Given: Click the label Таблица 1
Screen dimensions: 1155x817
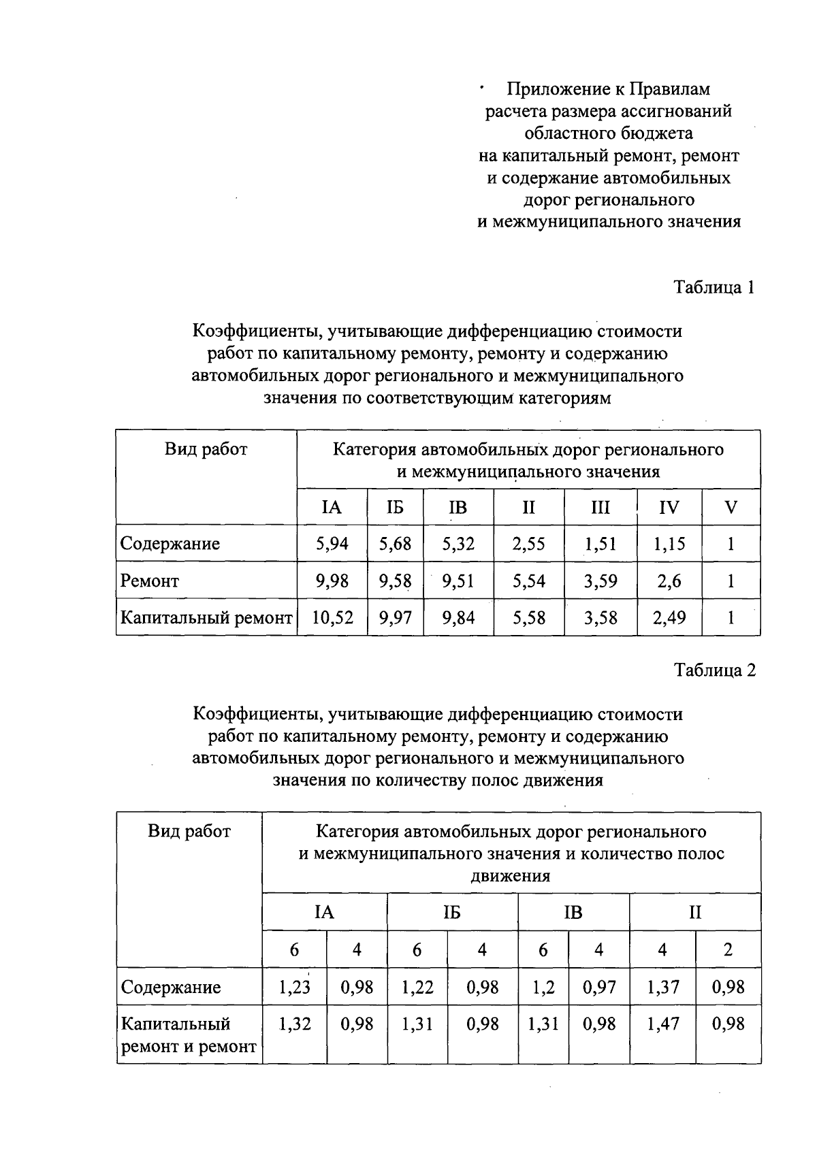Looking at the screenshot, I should click(714, 287).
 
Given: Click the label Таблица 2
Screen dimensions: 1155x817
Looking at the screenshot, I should click(714, 670).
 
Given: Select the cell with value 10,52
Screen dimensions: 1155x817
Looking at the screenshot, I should click(332, 618).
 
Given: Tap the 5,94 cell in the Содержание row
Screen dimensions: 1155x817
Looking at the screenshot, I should click(332, 544).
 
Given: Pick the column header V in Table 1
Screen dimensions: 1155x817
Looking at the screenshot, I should click(731, 508).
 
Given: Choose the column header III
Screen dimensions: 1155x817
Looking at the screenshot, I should click(600, 508).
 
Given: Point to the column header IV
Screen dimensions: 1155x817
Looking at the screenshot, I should click(669, 508).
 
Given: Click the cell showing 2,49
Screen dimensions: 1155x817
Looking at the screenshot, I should click(669, 618).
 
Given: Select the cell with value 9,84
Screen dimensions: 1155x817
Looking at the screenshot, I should click(458, 618).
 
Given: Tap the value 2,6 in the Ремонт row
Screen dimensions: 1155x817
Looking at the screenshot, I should click(669, 581).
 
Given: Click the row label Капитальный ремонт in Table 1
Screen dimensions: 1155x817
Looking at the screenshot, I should click(206, 618).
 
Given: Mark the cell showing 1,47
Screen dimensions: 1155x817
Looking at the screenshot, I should click(662, 1024).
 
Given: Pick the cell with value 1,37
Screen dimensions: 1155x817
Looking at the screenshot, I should click(662, 987).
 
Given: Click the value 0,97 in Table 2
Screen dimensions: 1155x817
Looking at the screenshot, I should click(598, 987).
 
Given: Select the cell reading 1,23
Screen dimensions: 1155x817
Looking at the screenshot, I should click(294, 987).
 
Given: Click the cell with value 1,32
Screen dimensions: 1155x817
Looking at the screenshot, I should click(294, 1024).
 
